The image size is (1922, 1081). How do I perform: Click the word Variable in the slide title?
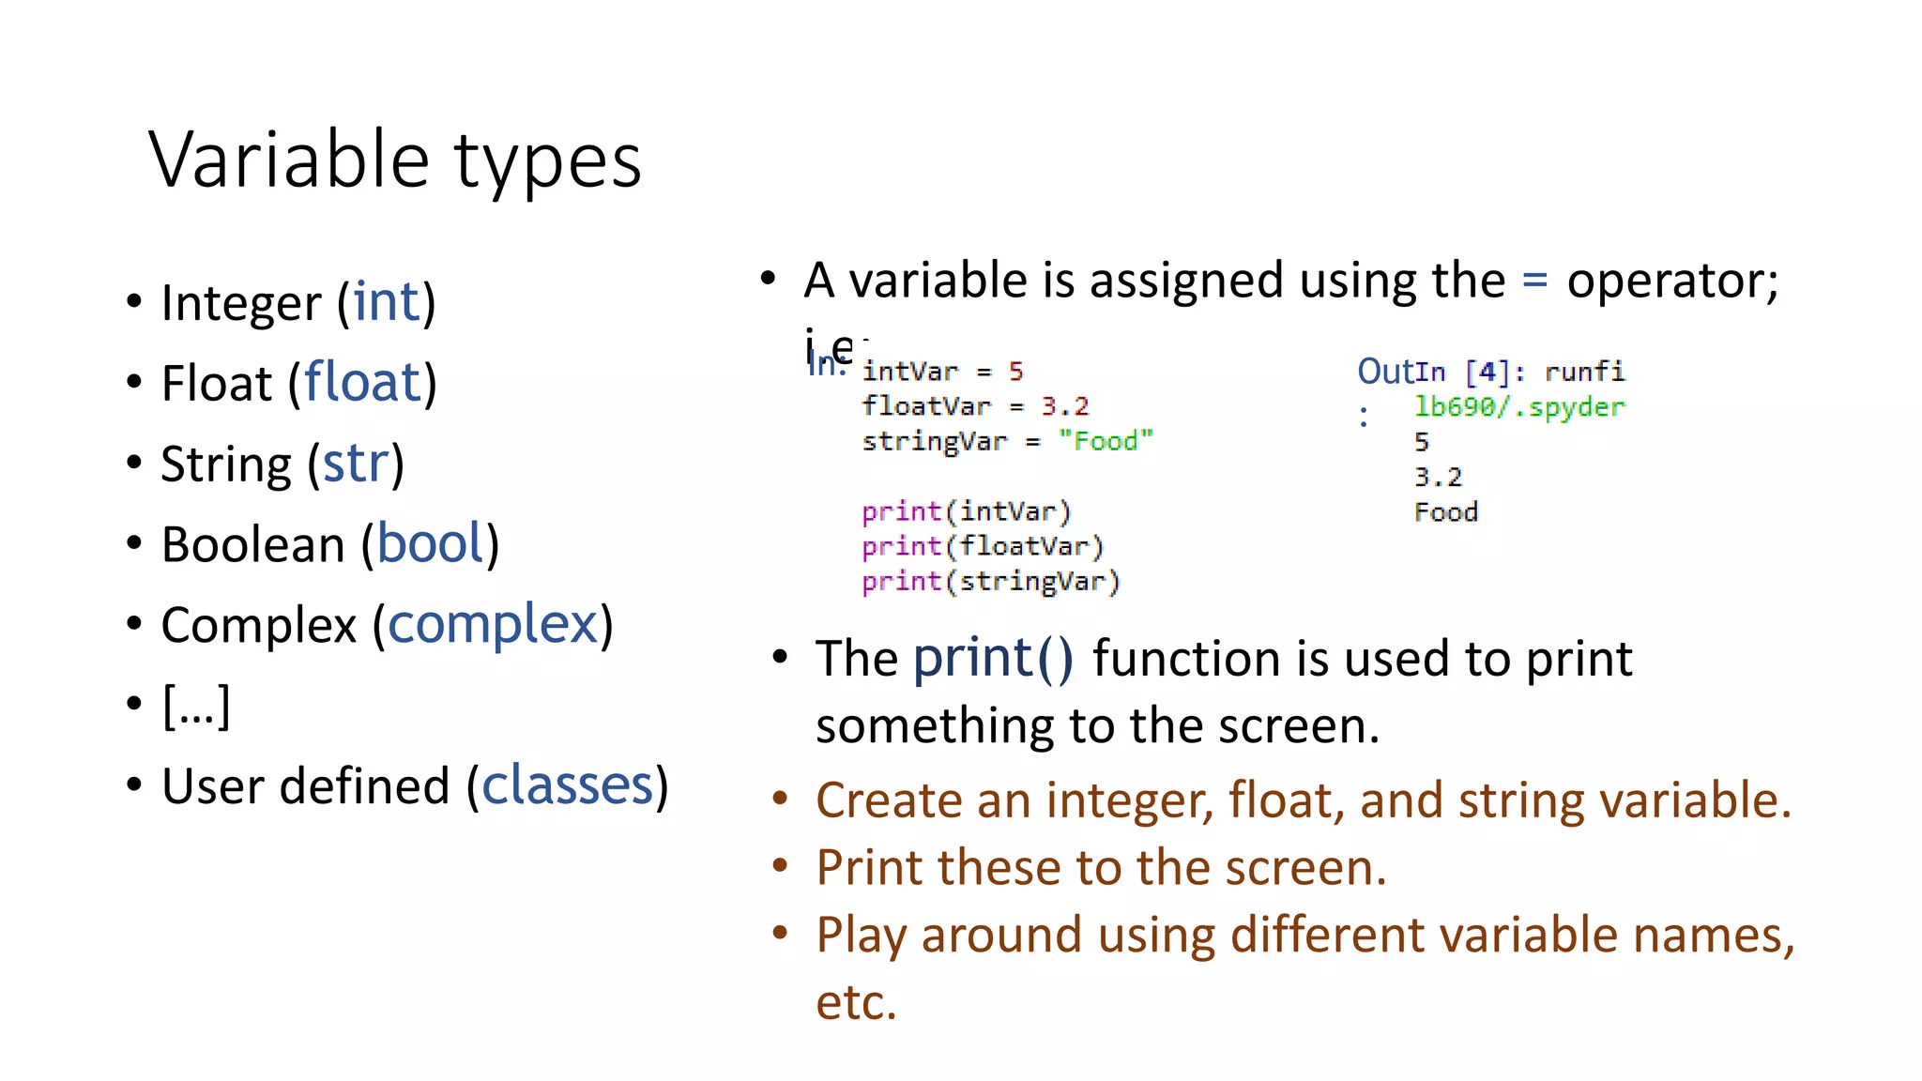pos(289,160)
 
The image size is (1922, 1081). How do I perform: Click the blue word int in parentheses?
pos(386,302)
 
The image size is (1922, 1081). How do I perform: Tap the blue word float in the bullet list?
pos(362,383)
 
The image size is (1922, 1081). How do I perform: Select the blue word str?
pos(355,464)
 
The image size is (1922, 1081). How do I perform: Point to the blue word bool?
pos(430,544)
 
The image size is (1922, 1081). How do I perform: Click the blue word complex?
pos(493,625)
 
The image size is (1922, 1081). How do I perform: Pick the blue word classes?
pos(567,785)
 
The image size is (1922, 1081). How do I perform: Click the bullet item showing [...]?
pos(196,706)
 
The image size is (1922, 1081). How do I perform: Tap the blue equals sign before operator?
pos(1534,280)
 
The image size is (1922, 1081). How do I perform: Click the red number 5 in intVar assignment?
pos(1015,372)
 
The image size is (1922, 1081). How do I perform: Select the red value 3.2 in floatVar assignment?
pos(1064,406)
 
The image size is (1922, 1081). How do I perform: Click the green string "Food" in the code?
pos(1105,441)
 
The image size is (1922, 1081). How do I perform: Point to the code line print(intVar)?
pos(966,511)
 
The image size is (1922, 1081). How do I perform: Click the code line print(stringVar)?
pos(990,582)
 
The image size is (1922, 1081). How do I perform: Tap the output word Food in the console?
pos(1445,512)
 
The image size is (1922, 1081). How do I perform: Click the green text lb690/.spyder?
pos(1518,407)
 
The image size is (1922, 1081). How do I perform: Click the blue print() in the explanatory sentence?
pos(992,658)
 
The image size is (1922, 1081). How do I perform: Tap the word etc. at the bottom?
pos(856,1002)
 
